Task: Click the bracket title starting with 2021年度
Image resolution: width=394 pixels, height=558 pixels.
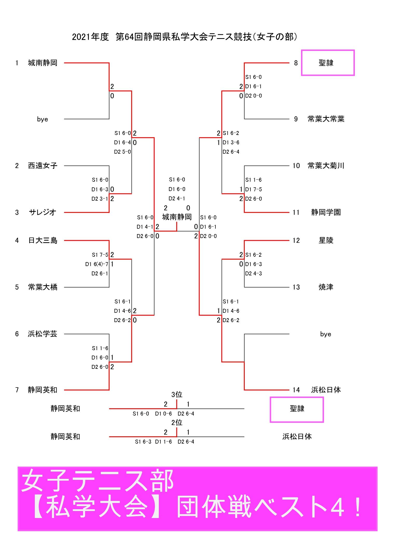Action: point(184,37)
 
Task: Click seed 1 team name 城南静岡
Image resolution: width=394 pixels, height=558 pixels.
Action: point(43,63)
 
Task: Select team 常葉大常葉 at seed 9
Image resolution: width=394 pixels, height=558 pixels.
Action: point(326,119)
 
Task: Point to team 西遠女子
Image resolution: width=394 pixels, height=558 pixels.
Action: point(43,166)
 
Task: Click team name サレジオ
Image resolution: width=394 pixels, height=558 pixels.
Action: point(43,212)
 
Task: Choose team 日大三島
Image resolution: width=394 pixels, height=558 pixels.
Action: point(43,240)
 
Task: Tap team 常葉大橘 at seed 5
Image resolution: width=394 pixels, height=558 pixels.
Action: point(43,287)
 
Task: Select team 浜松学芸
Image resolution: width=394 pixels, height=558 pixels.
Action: point(43,334)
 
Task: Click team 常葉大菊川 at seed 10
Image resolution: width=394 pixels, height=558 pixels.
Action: point(326,166)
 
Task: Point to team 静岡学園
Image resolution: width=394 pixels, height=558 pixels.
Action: point(326,212)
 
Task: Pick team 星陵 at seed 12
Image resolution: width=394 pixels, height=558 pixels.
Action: point(326,240)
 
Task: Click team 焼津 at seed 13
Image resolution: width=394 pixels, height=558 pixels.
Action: point(326,287)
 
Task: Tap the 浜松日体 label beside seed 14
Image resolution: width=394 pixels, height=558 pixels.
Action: point(326,390)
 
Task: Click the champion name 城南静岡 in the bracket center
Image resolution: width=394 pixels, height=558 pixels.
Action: point(177,217)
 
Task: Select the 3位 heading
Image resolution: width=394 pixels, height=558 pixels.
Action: point(177,394)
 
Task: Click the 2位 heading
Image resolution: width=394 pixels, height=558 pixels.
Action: point(177,423)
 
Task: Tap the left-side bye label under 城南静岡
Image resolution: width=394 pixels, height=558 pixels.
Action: point(43,119)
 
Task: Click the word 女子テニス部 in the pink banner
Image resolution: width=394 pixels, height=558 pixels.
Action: point(97,481)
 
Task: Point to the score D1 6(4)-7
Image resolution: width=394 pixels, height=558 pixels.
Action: point(97,264)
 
